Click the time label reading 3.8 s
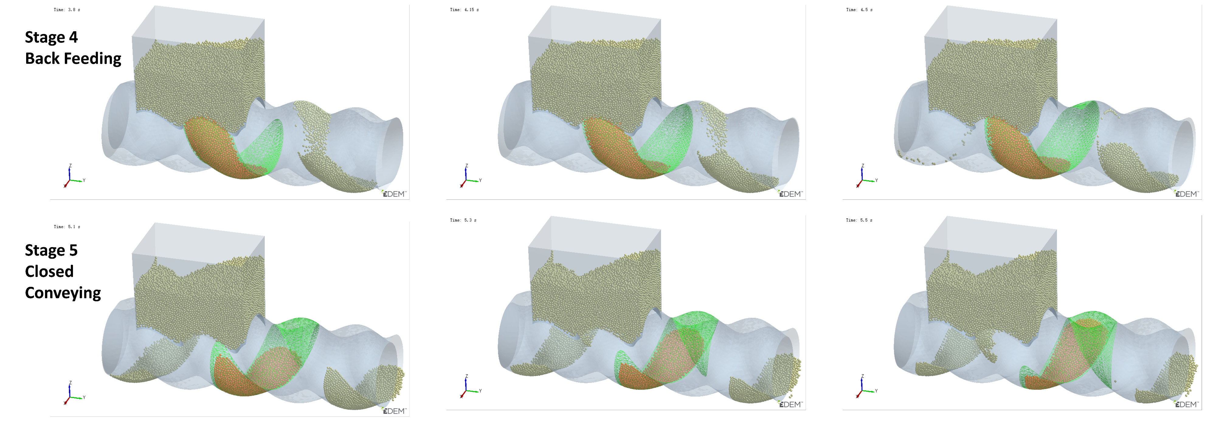(x=67, y=9)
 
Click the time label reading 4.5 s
(x=859, y=9)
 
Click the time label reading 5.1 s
(x=67, y=227)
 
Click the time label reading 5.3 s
(x=463, y=220)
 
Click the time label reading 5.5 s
(x=859, y=220)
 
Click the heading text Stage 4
(x=51, y=37)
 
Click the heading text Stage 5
(x=51, y=250)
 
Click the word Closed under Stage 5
(x=49, y=272)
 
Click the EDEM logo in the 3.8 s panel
(x=394, y=194)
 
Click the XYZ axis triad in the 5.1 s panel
(x=72, y=394)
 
